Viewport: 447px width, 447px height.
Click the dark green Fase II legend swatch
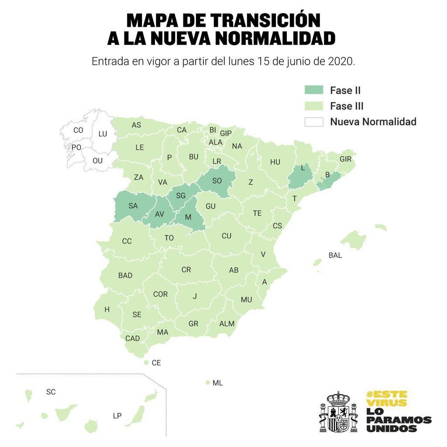click(314, 90)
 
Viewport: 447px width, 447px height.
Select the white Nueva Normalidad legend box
click(314, 122)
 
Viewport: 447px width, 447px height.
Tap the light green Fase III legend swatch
click(314, 106)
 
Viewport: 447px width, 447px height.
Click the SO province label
click(217, 180)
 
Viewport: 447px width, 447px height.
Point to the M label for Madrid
click(188, 217)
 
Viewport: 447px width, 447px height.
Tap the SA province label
click(133, 206)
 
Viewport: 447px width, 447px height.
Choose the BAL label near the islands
click(335, 255)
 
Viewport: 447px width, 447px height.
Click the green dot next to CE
click(146, 362)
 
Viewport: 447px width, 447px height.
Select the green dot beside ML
click(207, 382)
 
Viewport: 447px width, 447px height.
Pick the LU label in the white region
click(103, 134)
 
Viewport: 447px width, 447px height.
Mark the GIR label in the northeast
click(345, 159)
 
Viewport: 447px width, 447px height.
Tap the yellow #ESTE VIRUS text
click(386, 398)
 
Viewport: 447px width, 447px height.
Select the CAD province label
click(133, 338)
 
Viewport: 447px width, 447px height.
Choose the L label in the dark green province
click(302, 168)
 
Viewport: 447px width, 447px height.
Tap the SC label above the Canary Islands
click(51, 392)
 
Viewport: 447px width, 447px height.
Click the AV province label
click(160, 214)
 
